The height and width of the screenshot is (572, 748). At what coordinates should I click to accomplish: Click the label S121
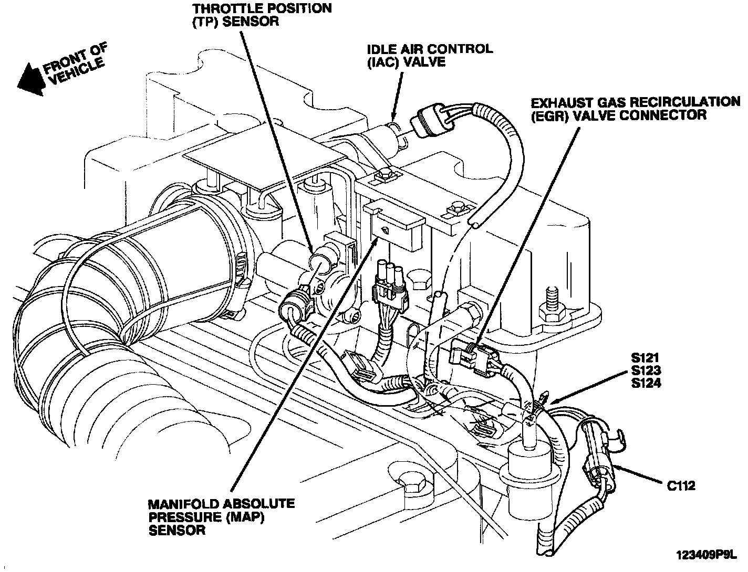click(646, 358)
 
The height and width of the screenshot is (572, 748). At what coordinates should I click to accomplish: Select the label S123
click(646, 370)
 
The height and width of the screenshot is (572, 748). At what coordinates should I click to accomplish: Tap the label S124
click(646, 383)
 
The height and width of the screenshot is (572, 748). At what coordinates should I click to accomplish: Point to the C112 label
click(681, 486)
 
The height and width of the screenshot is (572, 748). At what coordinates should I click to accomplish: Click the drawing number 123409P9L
click(707, 556)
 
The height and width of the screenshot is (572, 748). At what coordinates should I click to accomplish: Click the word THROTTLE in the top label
click(231, 8)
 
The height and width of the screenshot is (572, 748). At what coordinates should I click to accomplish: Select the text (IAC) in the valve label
click(383, 62)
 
